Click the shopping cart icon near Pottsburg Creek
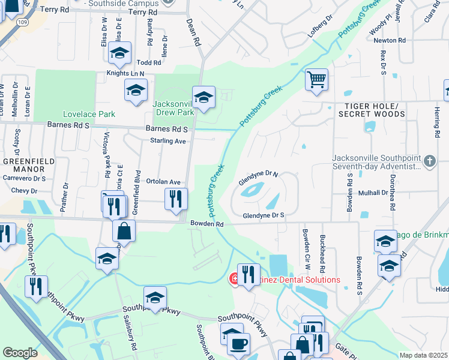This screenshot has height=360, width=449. pyautogui.click(x=316, y=79)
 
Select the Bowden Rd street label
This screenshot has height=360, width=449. pyautogui.click(x=207, y=224)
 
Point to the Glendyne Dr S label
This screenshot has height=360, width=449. pyautogui.click(x=263, y=215)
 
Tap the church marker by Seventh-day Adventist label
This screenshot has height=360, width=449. pyautogui.click(x=429, y=161)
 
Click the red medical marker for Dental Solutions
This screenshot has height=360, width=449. pyautogui.click(x=235, y=280)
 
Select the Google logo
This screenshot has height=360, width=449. pyautogui.click(x=20, y=353)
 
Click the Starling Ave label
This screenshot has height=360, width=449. pyautogui.click(x=167, y=141)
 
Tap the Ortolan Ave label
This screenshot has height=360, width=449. pyautogui.click(x=163, y=182)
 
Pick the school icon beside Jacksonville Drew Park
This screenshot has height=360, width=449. pyautogui.click(x=203, y=97)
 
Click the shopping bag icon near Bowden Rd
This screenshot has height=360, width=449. pyautogui.click(x=124, y=230)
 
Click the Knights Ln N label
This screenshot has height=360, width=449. pyautogui.click(x=126, y=73)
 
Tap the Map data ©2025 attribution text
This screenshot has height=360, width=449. pyautogui.click(x=423, y=355)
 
